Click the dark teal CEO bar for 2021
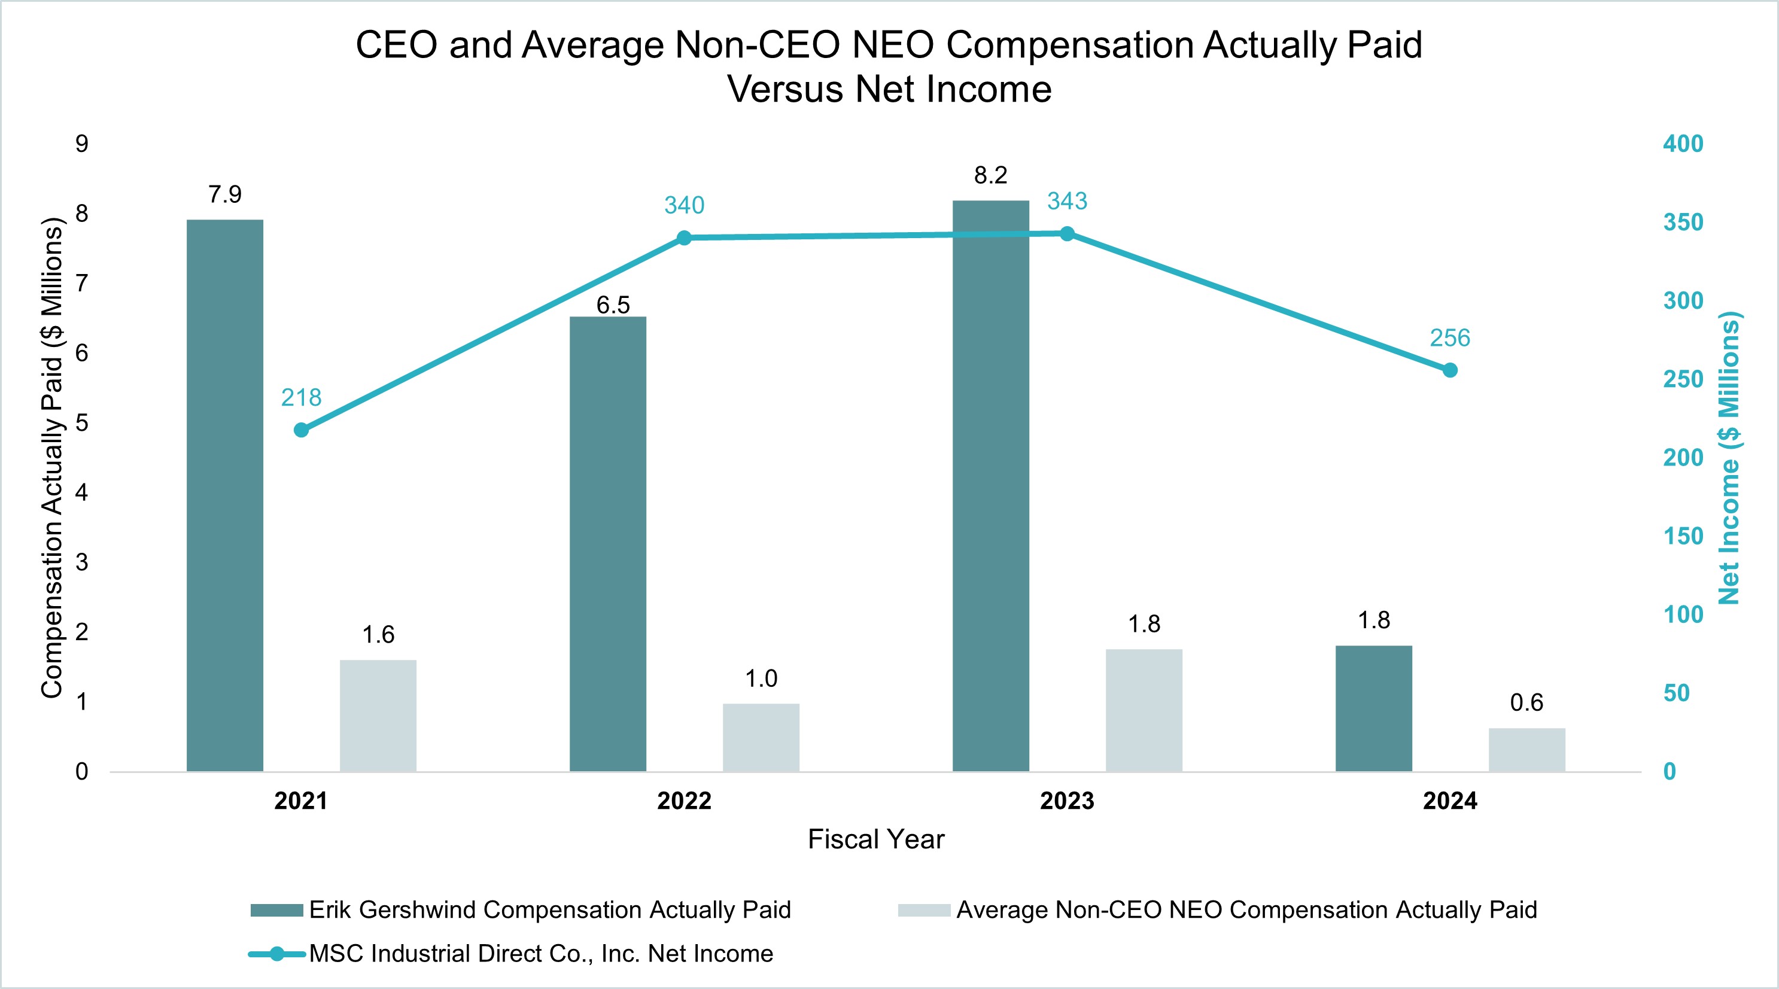click(224, 495)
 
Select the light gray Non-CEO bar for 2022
click(761, 737)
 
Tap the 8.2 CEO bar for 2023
click(990, 485)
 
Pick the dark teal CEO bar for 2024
click(1374, 708)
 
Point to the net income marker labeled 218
click(301, 430)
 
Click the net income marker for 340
click(684, 238)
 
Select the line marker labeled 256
click(1449, 370)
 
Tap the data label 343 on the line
click(1067, 201)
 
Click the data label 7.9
click(225, 195)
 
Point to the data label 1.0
click(761, 679)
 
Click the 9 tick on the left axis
click(82, 144)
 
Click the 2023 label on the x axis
click(1067, 801)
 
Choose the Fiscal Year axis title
click(875, 839)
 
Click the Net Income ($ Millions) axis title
click(1729, 458)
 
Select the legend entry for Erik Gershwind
click(549, 909)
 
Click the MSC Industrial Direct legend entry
click(540, 954)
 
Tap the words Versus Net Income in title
click(889, 90)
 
